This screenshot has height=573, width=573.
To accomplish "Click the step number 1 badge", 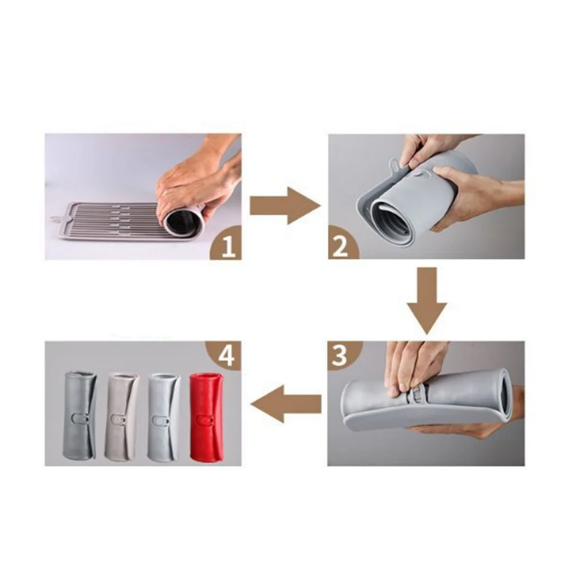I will [228, 247].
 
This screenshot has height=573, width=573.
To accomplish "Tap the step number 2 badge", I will [340, 247].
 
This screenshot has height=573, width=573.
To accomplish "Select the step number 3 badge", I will [340, 355].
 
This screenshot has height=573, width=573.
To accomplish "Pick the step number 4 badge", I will [226, 356].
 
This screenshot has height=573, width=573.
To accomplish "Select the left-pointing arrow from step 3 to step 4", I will [284, 404].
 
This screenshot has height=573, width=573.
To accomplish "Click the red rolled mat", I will [207, 416].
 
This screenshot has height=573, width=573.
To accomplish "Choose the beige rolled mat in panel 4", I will [121, 416].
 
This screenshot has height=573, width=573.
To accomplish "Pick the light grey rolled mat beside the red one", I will [164, 416].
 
